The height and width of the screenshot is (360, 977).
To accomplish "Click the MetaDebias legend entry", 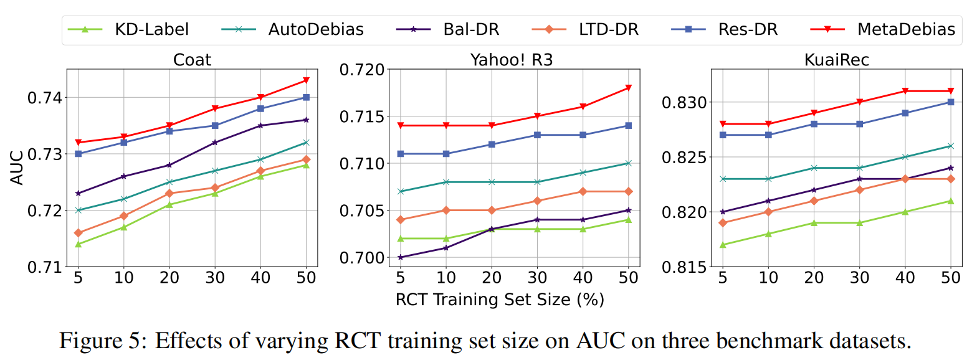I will tap(905, 29).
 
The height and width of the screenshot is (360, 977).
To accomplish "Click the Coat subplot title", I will tap(192, 60).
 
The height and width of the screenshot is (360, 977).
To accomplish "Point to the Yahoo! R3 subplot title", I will tap(511, 60).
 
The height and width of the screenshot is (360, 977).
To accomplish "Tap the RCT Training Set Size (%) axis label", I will tap(500, 300).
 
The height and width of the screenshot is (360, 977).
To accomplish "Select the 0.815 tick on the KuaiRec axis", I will tap(679, 267).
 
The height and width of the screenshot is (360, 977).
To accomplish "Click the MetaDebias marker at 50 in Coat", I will tap(306, 80).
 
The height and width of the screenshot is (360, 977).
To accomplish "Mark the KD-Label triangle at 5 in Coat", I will tap(79, 244).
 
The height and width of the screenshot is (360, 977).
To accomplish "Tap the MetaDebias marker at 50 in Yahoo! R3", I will tap(628, 88).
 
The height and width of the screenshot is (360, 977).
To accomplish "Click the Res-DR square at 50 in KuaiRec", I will tap(950, 102).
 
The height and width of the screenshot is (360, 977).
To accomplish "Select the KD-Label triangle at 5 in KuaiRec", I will tap(722, 245).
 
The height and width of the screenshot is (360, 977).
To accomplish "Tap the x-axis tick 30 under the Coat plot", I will tap(215, 278).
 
